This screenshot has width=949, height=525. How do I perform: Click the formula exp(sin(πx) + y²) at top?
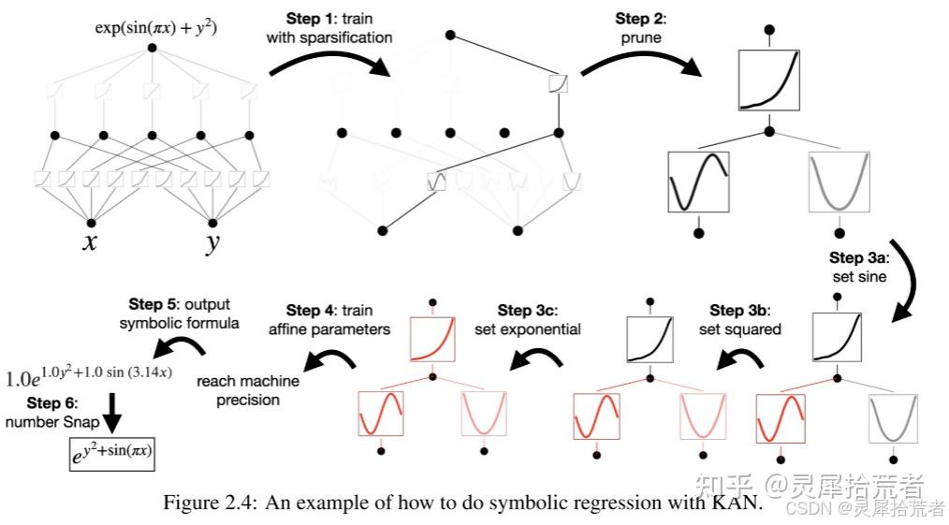coord(155,28)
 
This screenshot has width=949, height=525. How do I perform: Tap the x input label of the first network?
coord(90,242)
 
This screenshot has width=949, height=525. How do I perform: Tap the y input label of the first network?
coord(212,243)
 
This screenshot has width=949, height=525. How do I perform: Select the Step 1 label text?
coord(329,28)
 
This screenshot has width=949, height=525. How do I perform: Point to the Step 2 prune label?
coord(641,28)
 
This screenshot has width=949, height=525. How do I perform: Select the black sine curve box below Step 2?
coord(698,182)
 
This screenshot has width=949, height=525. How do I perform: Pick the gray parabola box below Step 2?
coord(839,182)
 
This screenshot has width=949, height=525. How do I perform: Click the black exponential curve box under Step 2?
coord(769,80)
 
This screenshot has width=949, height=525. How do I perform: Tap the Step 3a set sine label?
coord(859,268)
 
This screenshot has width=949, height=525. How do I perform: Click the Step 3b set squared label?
coord(739,319)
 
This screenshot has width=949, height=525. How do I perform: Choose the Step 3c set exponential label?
coord(527,319)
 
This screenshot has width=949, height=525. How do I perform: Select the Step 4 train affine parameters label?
coord(329,319)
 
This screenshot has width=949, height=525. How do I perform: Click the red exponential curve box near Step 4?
coord(432,340)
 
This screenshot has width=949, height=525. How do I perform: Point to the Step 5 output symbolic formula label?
coord(179,314)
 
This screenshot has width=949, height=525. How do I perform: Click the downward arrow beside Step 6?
coord(112,413)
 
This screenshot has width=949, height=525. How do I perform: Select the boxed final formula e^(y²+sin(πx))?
coord(112,454)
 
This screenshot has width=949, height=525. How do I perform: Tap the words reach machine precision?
coord(247,390)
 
